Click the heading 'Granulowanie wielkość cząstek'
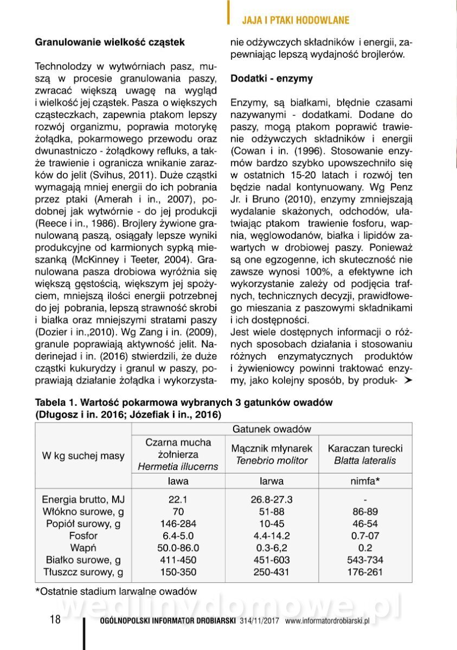[x=110, y=42]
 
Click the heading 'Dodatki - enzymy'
[x=272, y=79]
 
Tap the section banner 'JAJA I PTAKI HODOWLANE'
[x=295, y=21]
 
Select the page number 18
[x=55, y=620]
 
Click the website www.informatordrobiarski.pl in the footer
[x=327, y=622]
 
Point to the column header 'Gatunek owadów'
[x=272, y=429]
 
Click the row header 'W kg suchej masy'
[x=83, y=456]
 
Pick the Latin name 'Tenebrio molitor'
[x=272, y=461]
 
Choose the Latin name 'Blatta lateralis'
[x=365, y=461]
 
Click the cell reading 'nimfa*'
[x=365, y=480]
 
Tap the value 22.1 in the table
[x=178, y=499]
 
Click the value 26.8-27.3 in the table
[x=272, y=499]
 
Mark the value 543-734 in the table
[x=365, y=560]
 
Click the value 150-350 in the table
[x=178, y=571]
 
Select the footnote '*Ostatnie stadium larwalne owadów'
[x=115, y=591]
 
